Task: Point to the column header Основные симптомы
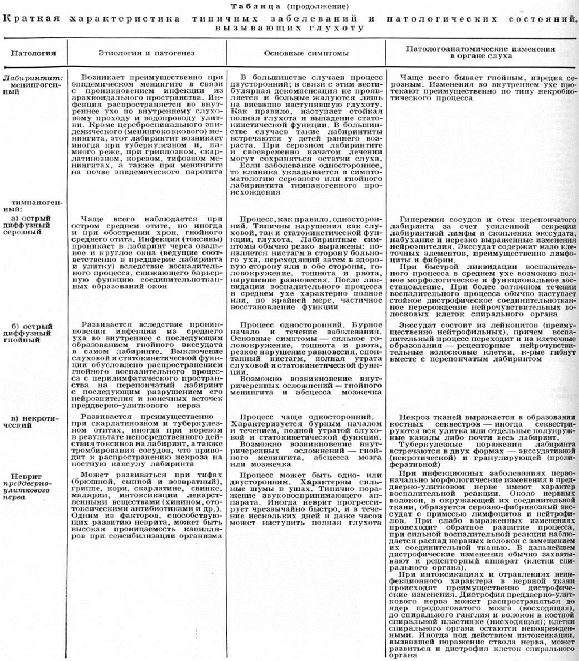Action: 306,53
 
